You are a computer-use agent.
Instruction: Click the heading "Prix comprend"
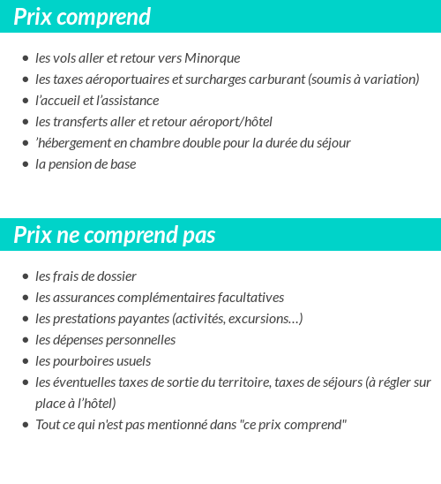(x=82, y=17)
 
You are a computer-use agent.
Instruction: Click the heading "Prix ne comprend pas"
(x=115, y=236)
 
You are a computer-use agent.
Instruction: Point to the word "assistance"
(x=129, y=101)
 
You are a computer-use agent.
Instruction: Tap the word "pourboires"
(x=80, y=361)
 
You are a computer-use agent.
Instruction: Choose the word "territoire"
(x=241, y=382)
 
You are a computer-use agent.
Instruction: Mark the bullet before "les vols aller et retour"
(x=26, y=59)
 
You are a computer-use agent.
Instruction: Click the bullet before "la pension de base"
(x=26, y=165)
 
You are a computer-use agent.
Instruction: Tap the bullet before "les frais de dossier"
(x=26, y=277)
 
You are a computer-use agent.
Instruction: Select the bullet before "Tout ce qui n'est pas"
(x=26, y=426)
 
